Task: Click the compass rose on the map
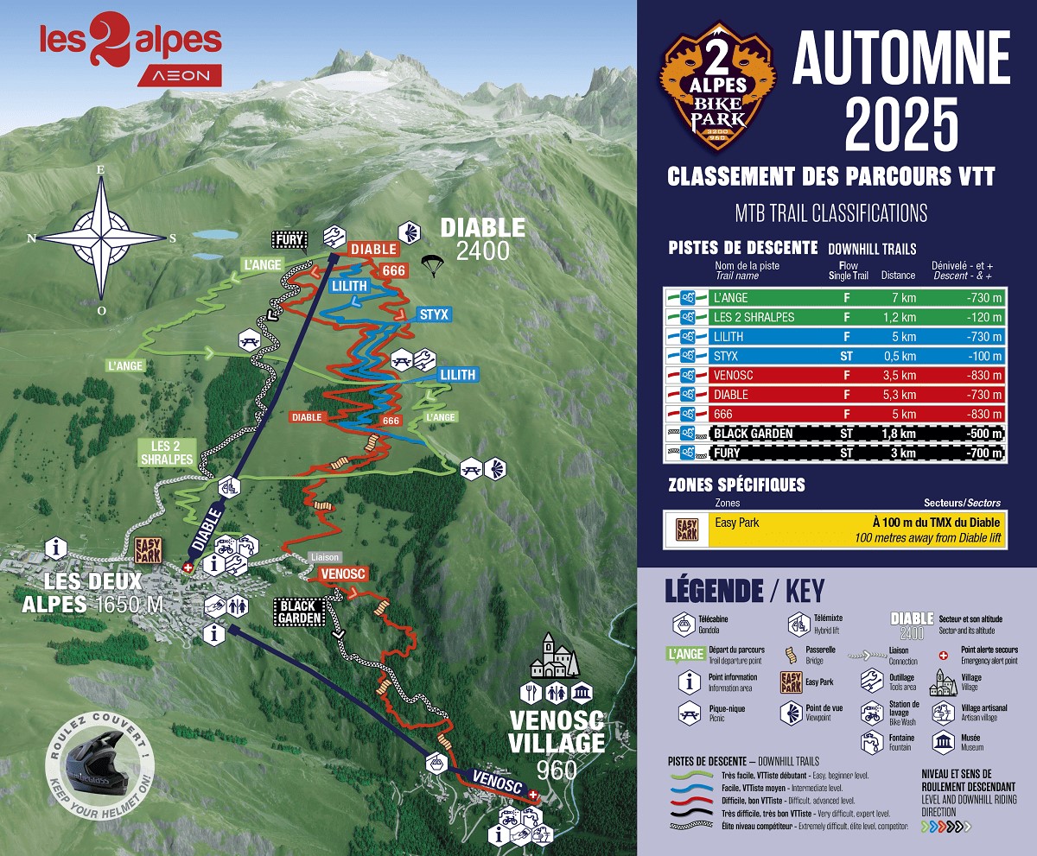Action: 101,236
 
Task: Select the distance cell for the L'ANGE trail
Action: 898,298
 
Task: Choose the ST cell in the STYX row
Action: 846,356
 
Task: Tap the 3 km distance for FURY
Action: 898,453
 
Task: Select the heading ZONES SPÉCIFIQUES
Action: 736,485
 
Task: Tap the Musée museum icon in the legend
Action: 943,742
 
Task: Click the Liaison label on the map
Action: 325,557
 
